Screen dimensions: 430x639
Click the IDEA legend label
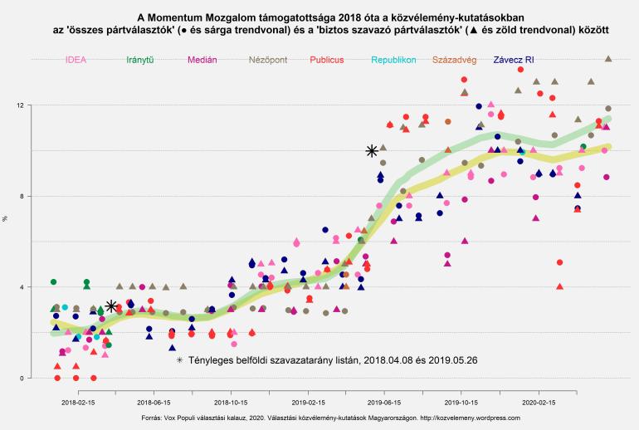[76, 61]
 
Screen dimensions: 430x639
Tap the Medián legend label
[204, 61]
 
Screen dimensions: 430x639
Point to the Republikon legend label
[393, 61]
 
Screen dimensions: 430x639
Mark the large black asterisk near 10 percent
[372, 150]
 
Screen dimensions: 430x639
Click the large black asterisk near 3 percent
[111, 306]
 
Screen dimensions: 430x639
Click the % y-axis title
[7, 217]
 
